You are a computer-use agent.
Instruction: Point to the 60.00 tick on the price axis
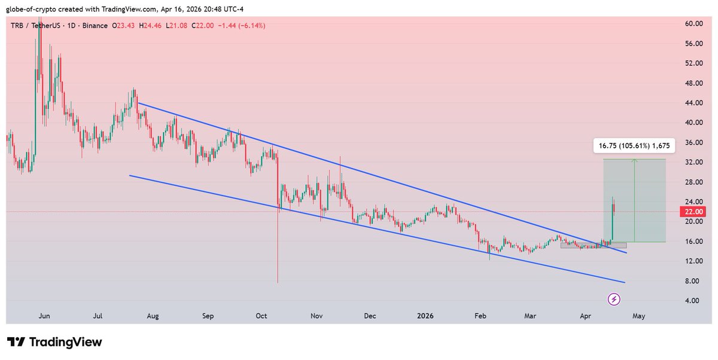pyautogui.click(x=693, y=24)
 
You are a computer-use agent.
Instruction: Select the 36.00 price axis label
pyautogui.click(x=693, y=142)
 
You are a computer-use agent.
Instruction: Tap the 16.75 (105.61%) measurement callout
pyautogui.click(x=634, y=145)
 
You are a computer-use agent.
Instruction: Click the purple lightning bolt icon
pyautogui.click(x=614, y=299)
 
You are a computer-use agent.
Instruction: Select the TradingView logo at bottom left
pyautogui.click(x=54, y=342)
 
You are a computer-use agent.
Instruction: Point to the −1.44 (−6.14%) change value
pyautogui.click(x=243, y=26)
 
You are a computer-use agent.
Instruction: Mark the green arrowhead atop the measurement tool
pyautogui.click(x=634, y=161)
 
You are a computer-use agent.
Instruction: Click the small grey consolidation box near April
pyautogui.click(x=593, y=245)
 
